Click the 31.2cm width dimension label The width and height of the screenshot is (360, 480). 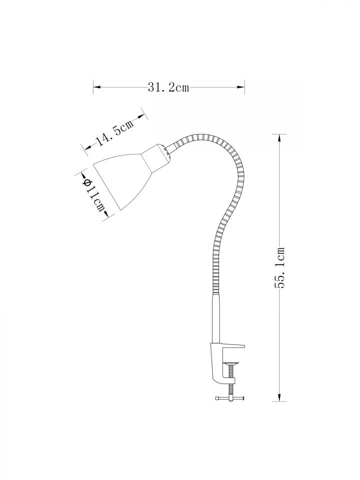[x=168, y=88]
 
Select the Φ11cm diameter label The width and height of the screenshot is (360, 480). [x=93, y=194]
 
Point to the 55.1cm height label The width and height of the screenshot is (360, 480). [x=280, y=267]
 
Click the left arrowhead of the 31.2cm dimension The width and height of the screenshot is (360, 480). [x=97, y=87]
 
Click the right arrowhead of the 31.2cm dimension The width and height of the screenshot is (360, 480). [x=241, y=87]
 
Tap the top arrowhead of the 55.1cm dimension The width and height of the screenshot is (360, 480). [x=279, y=138]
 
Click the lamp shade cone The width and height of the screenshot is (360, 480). [x=122, y=180]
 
